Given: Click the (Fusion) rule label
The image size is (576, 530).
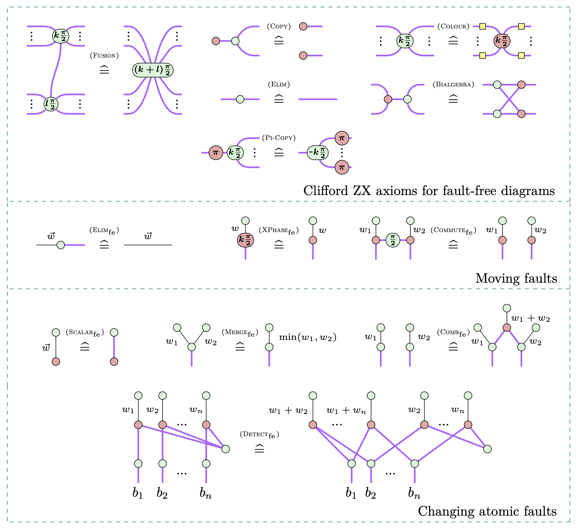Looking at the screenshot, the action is pyautogui.click(x=104, y=56).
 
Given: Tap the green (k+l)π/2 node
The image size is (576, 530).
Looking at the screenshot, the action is pyautogui.click(x=153, y=70).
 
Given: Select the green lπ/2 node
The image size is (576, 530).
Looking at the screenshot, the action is pyautogui.click(x=51, y=104).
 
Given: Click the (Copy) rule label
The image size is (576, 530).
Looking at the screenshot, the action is pyautogui.click(x=279, y=26).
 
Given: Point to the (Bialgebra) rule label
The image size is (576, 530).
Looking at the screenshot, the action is pyautogui.click(x=453, y=84).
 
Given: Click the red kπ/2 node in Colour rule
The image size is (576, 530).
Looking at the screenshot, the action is pyautogui.click(x=502, y=41).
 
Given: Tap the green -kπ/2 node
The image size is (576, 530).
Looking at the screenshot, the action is pyautogui.click(x=318, y=153).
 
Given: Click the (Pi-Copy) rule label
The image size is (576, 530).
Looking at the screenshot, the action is pyautogui.click(x=279, y=137).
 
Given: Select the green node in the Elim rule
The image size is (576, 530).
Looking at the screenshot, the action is pyautogui.click(x=240, y=99).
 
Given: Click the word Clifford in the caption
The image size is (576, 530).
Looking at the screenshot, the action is pyautogui.click(x=326, y=191).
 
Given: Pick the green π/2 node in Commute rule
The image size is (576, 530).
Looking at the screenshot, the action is pyautogui.click(x=393, y=240).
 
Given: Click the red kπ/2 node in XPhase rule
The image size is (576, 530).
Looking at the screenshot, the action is pyautogui.click(x=245, y=240).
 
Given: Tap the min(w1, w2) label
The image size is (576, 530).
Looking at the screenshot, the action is pyautogui.click(x=308, y=337).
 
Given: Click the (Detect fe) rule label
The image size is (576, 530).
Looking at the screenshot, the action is pyautogui.click(x=259, y=434).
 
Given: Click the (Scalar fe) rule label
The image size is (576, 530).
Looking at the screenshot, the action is pyautogui.click(x=85, y=332).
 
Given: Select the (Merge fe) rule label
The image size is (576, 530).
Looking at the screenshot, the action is pyautogui.click(x=240, y=332).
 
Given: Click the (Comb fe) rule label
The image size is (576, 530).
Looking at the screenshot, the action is pyautogui.click(x=453, y=332).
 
